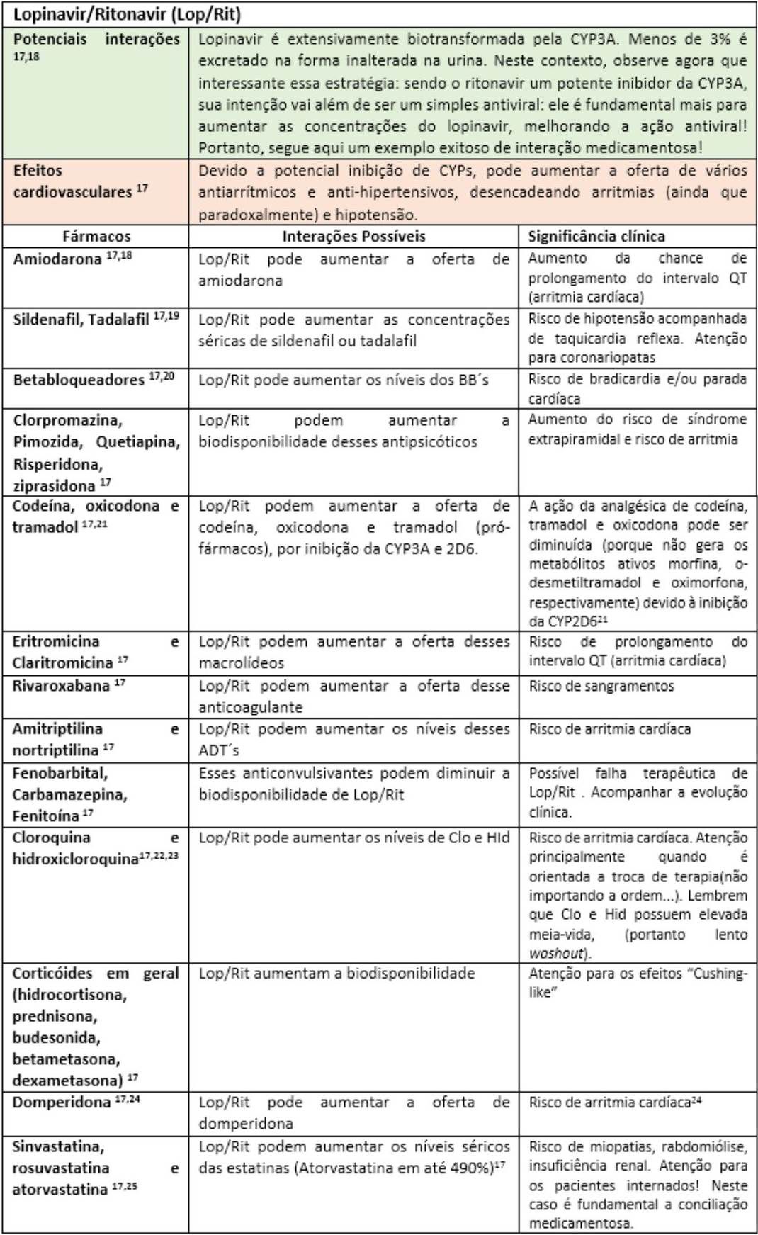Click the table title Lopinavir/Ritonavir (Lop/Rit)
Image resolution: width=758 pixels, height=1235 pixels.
127,14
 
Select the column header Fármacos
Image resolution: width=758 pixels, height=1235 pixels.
96,236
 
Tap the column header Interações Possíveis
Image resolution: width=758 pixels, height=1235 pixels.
353,236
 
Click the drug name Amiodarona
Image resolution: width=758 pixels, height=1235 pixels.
57,259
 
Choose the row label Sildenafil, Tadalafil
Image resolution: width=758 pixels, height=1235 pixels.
81,319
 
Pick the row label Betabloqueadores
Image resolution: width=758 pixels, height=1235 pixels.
79,380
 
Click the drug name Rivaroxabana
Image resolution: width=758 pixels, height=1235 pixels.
61,686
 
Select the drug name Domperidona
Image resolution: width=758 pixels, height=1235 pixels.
61,1102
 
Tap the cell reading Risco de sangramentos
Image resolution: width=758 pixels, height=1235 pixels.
601,686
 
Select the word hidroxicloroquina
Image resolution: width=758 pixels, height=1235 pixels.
75,859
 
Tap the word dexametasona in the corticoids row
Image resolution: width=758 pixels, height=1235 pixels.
67,1081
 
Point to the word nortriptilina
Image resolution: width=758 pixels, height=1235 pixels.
55,750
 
